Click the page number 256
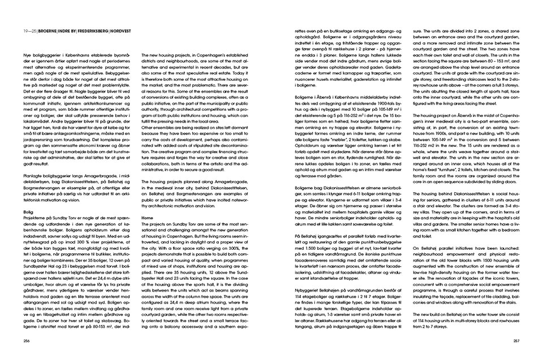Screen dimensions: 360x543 coord(26,341)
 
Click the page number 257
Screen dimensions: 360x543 coord(516,341)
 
